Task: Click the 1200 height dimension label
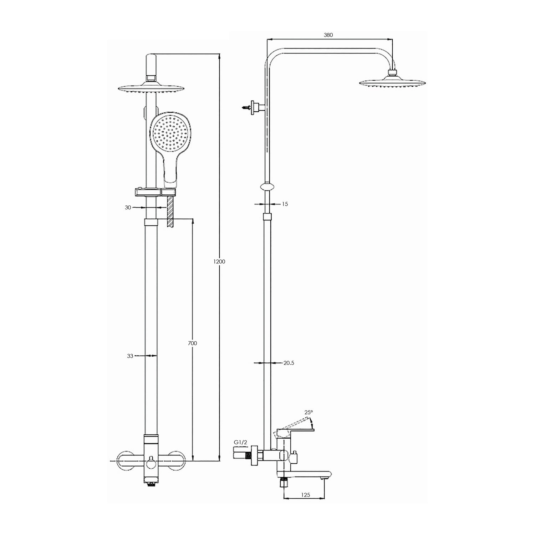click(x=219, y=261)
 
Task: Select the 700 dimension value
click(x=192, y=343)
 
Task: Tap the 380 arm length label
click(x=328, y=35)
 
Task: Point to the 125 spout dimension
click(x=306, y=495)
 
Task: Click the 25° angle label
click(x=309, y=412)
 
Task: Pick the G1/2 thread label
click(x=240, y=442)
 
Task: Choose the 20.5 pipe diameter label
click(x=289, y=363)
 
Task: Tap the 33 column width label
click(x=130, y=356)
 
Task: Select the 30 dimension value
click(x=128, y=207)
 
